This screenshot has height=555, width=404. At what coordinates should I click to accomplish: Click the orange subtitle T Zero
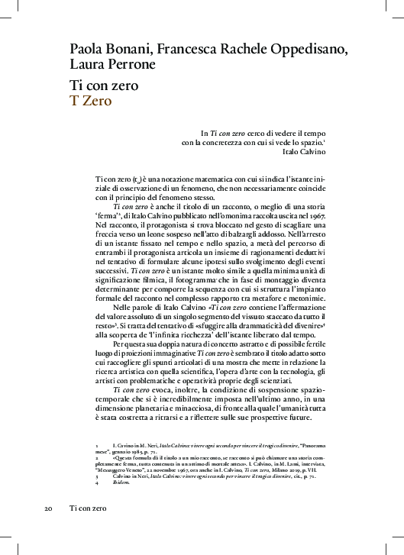pyautogui.click(x=92, y=99)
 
